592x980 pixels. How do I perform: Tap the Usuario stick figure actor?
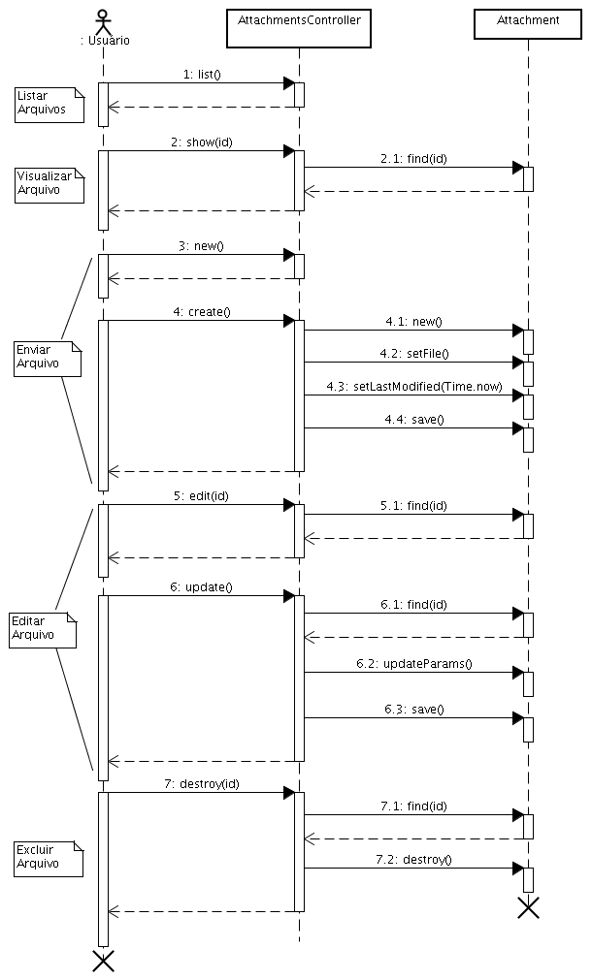[x=103, y=22]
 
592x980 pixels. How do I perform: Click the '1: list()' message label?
[x=202, y=74]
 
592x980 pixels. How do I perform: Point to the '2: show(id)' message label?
[x=202, y=142]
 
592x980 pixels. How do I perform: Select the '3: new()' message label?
[x=201, y=245]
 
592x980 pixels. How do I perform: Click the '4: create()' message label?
[x=201, y=311]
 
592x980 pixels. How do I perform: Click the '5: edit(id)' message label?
[x=201, y=495]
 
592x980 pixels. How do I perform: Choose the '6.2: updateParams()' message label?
[x=414, y=663]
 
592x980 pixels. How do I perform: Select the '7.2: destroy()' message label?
[x=414, y=859]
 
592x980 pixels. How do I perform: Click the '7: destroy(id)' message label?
[x=201, y=783]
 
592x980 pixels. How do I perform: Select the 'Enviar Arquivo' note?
[x=47, y=358]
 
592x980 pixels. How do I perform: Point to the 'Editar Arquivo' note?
[x=43, y=629]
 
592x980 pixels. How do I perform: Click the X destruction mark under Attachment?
[x=528, y=907]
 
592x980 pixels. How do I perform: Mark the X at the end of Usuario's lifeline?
[x=103, y=961]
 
